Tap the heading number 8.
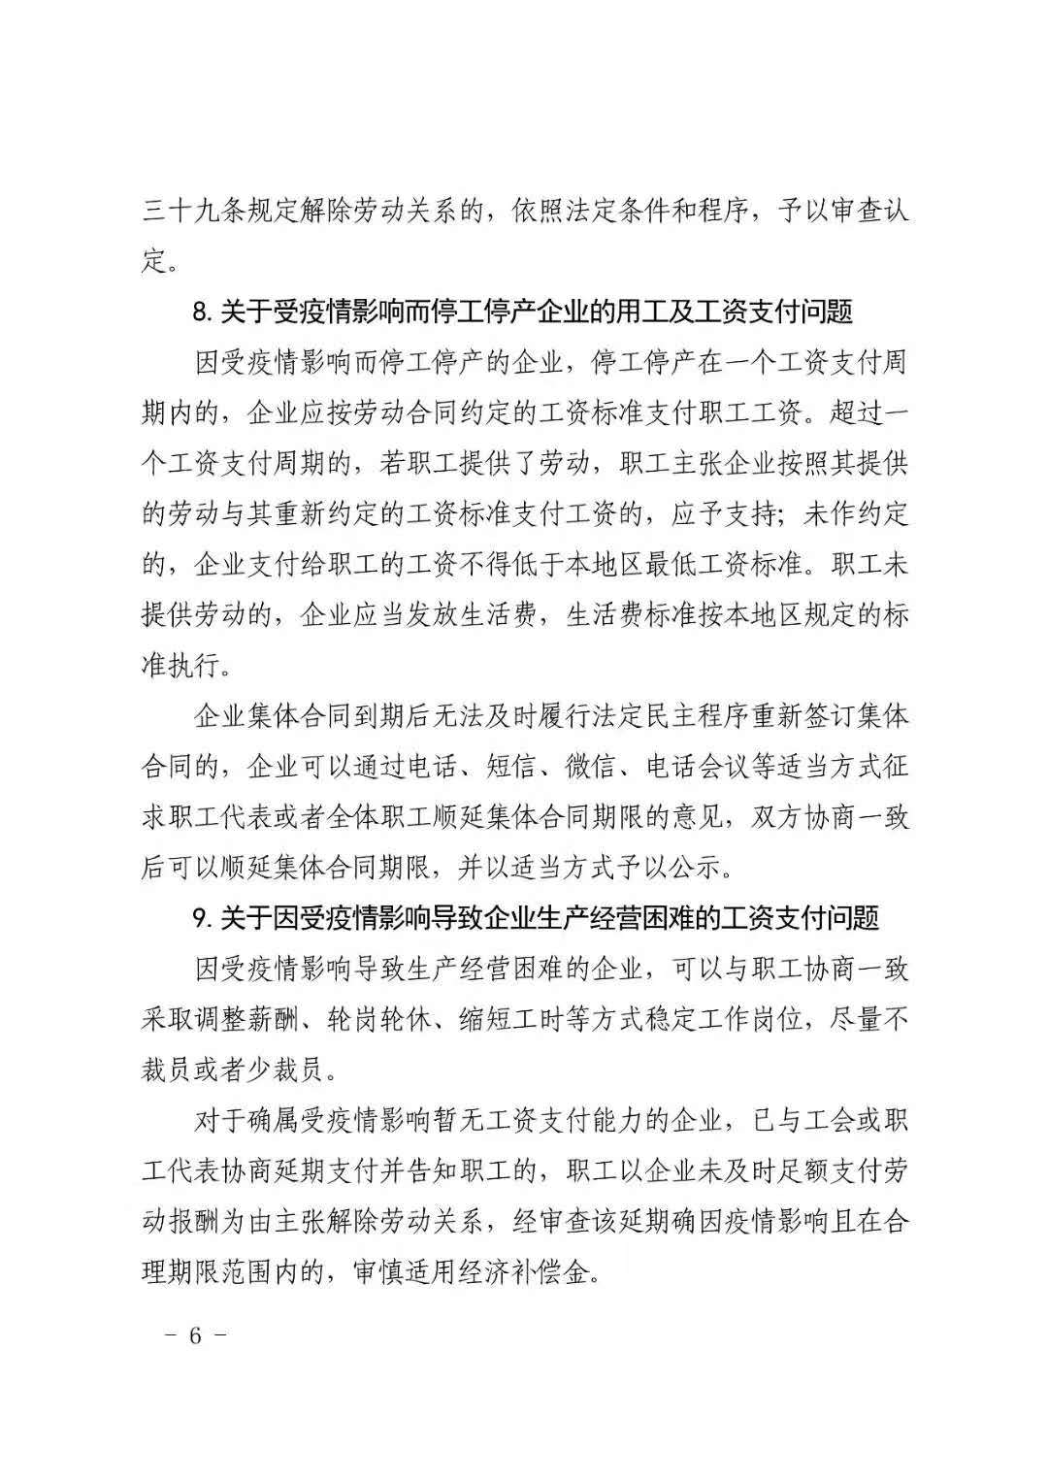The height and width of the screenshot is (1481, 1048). pyautogui.click(x=202, y=313)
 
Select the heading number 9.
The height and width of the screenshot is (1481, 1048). pyautogui.click(x=202, y=918)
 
